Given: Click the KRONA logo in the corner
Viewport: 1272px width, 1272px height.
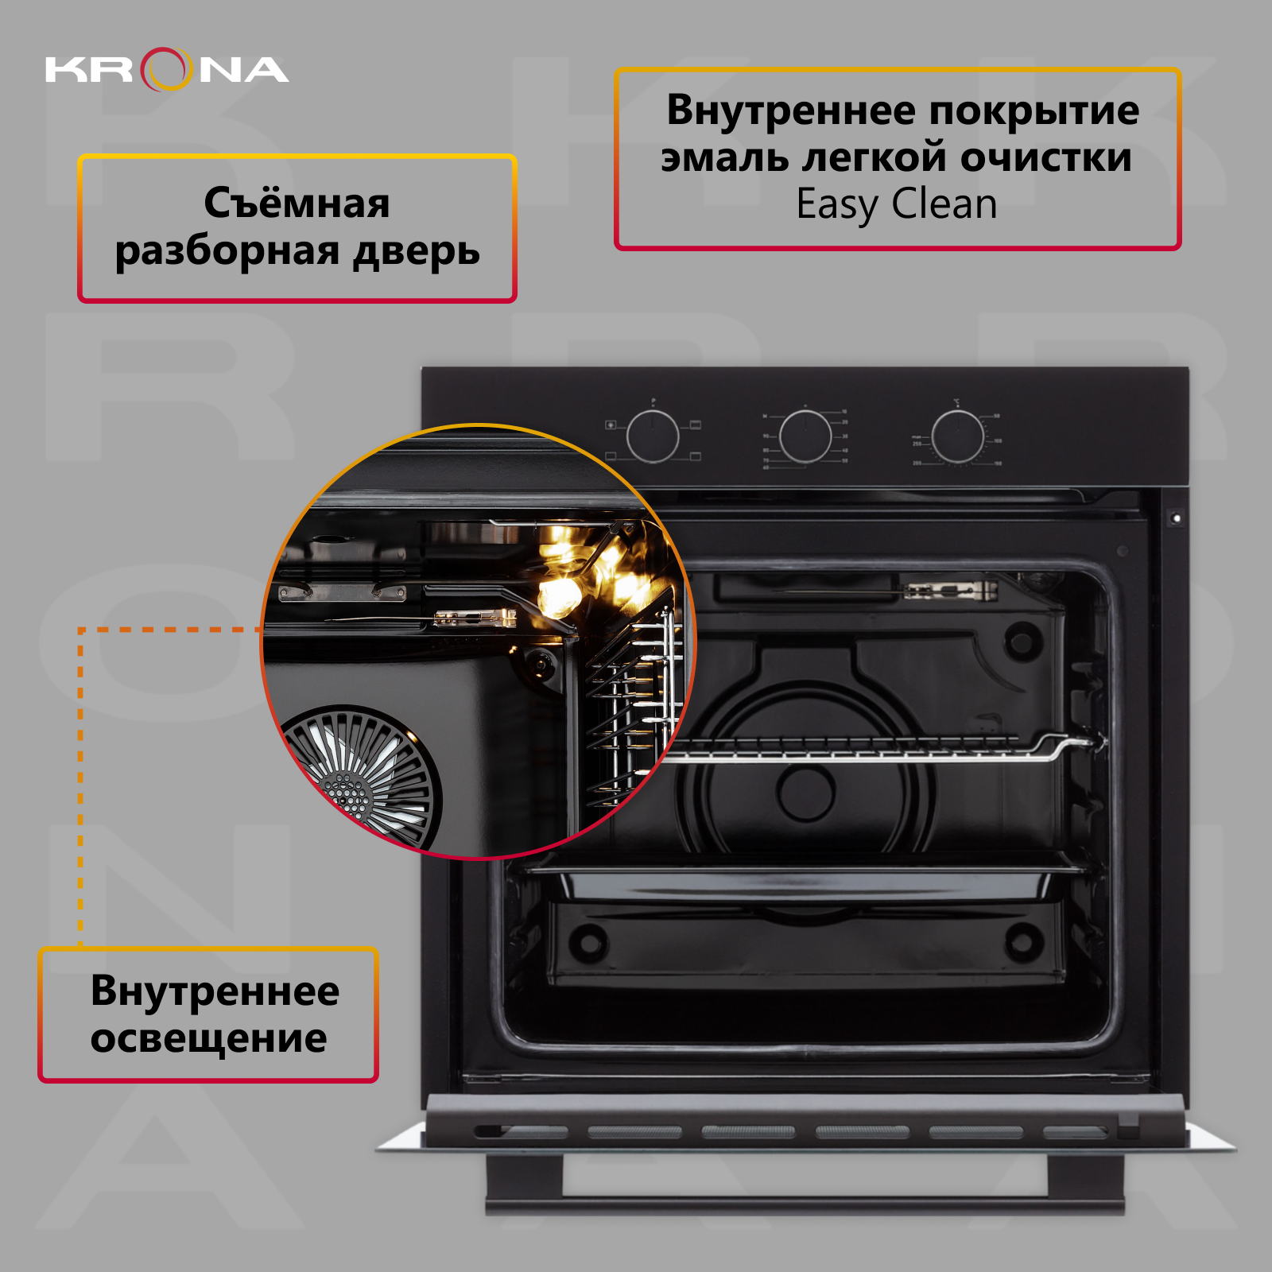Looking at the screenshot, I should click(167, 69).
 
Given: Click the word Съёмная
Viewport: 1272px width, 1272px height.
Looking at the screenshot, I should click(297, 204).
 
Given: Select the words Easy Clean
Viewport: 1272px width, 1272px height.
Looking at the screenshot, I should click(897, 204).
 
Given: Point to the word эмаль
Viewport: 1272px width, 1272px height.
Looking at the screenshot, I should click(724, 157).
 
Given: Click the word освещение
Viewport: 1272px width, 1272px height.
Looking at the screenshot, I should click(208, 1038).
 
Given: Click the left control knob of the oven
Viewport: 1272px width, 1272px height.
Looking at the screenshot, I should click(653, 436).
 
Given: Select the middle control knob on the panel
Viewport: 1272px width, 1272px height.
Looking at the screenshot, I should click(805, 436).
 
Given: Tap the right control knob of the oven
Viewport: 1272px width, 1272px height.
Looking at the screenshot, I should click(957, 436).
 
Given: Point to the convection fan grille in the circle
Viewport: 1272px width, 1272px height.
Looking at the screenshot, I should click(362, 775).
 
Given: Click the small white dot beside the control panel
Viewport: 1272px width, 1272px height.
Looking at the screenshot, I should click(1177, 518).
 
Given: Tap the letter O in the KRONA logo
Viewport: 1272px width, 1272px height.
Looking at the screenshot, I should click(167, 69).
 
